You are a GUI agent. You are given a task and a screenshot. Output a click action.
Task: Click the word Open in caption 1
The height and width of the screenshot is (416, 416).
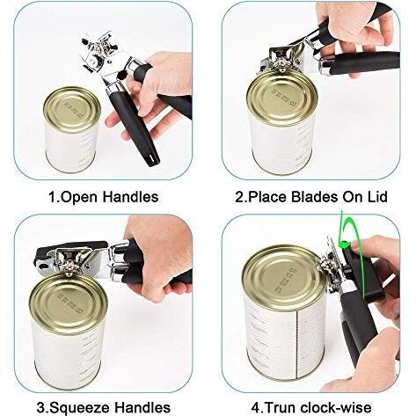[79, 197]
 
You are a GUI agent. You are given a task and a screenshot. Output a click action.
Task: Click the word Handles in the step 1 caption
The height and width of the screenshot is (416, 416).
[131, 196]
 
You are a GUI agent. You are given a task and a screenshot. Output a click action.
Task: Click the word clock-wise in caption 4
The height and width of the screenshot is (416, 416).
[336, 408]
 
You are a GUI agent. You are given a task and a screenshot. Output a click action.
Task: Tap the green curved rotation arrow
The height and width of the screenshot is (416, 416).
[362, 258]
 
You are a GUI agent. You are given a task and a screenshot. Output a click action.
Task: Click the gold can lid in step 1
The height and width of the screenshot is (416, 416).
[72, 110]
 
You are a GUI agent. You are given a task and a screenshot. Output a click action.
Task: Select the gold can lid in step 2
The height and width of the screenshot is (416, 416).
[282, 97]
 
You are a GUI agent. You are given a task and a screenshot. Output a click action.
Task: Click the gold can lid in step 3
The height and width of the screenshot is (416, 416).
[68, 303]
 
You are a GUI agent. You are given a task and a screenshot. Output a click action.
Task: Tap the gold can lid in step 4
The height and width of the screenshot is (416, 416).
[284, 279]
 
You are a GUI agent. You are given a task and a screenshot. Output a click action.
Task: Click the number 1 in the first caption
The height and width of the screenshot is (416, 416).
[53, 197]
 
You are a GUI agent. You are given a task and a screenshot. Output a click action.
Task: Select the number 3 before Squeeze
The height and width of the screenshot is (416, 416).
[41, 408]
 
